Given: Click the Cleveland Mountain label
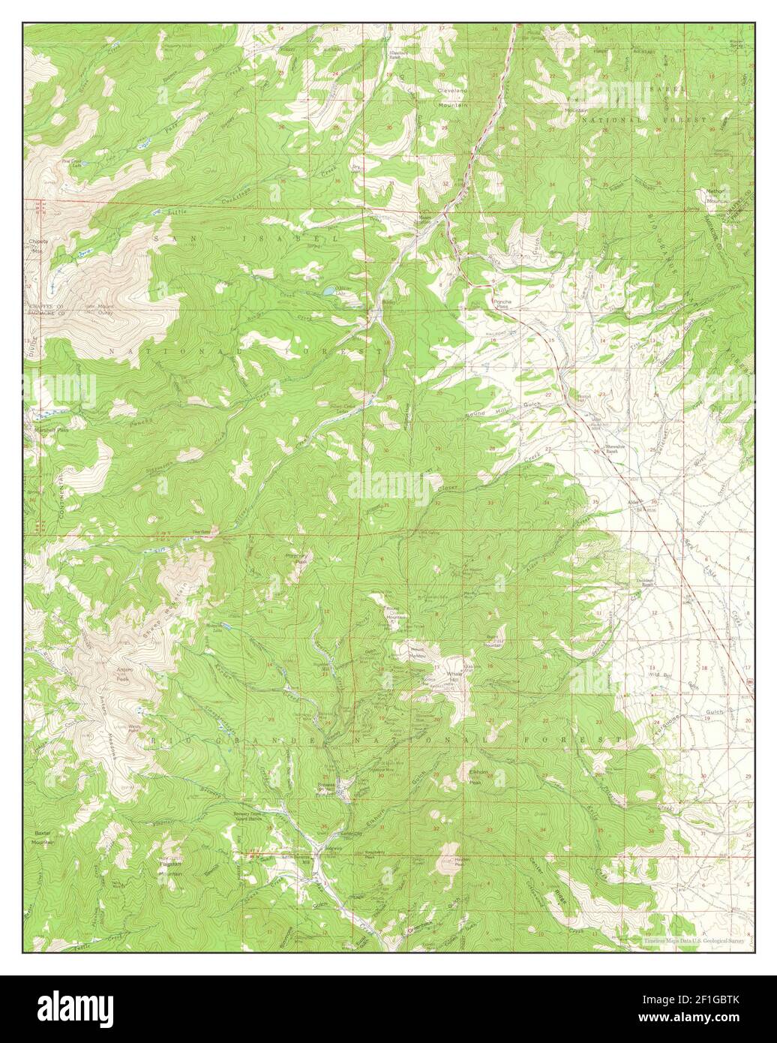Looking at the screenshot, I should [453, 98].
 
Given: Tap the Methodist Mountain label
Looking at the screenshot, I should [716, 196].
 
